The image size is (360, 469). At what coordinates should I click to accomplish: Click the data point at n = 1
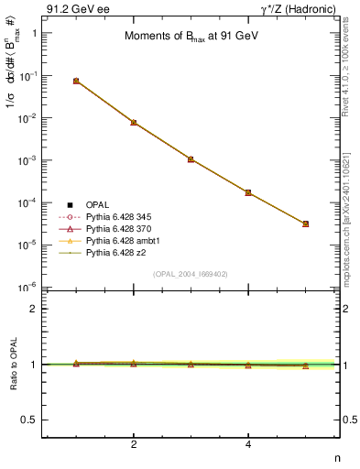click(76, 81)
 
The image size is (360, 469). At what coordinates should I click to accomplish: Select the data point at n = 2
click(134, 122)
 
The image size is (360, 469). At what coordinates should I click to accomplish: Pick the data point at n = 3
click(191, 159)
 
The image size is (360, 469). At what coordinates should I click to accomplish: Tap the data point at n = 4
click(248, 192)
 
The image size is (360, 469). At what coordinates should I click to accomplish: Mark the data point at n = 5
click(305, 224)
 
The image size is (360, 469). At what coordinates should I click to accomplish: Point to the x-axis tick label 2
click(134, 445)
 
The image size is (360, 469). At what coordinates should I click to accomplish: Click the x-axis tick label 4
click(248, 445)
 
